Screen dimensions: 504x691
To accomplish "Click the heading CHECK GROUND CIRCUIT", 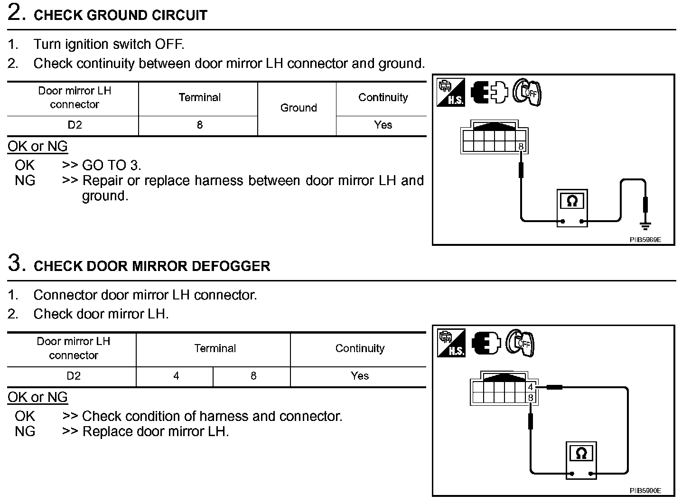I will (x=121, y=15).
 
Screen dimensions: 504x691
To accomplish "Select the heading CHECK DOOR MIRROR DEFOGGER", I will (x=152, y=266).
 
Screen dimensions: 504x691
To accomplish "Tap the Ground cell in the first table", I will (x=298, y=108).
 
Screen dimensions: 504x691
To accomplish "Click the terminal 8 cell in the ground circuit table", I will (x=199, y=125).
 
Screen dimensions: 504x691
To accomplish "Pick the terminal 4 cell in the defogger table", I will (x=176, y=376).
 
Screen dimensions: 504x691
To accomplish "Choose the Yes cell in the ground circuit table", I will (x=383, y=125).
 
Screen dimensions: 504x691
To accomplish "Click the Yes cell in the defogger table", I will (x=359, y=376).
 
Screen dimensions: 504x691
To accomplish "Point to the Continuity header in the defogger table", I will (x=359, y=349).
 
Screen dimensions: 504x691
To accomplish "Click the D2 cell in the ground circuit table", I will (x=75, y=125).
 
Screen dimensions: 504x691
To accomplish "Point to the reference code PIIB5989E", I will (x=645, y=240).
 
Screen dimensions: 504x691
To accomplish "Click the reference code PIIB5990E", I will (x=645, y=491).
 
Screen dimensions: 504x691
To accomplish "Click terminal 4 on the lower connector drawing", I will (x=531, y=387).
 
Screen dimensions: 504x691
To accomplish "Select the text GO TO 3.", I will (x=112, y=166).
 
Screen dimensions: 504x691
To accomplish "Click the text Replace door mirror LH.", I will (x=155, y=432).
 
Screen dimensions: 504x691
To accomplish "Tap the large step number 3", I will (x=16, y=263).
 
